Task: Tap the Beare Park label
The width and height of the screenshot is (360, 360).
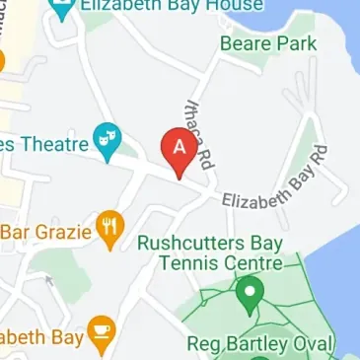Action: point(268,42)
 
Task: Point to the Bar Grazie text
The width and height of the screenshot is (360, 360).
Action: point(46,233)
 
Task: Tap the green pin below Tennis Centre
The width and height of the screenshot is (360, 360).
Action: point(250,293)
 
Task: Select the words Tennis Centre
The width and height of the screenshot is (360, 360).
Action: point(218,263)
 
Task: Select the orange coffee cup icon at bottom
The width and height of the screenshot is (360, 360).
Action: point(101,334)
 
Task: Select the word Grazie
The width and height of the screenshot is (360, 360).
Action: point(65,233)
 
